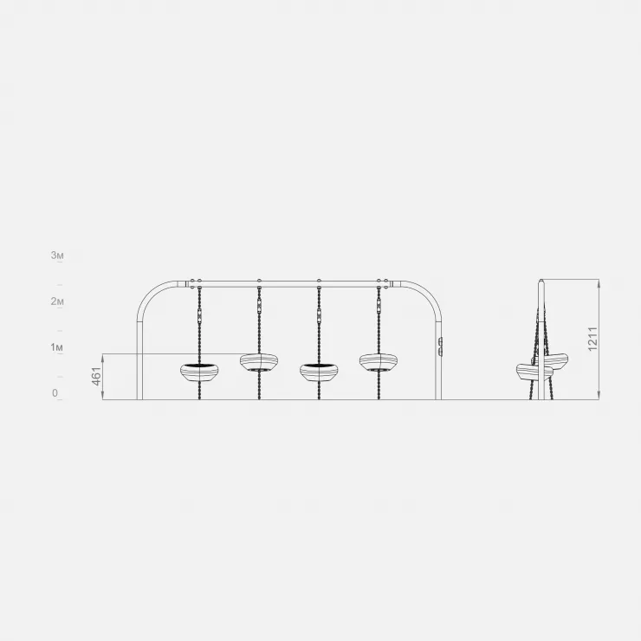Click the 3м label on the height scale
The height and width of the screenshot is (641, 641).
pos(57,256)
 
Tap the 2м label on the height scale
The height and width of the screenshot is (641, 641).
pos(57,301)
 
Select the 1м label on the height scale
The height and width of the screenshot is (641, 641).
pos(57,347)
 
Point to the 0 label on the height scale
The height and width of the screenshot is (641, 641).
pos(55,393)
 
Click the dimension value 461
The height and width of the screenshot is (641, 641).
pos(96,376)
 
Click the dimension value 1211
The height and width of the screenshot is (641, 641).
pos(592,339)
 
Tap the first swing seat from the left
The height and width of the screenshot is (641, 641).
pos(199,372)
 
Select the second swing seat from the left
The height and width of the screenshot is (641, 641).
pos(259,363)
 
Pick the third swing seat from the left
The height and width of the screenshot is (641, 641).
pos(319,372)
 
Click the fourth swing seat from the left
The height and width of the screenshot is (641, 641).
pos(379,363)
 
